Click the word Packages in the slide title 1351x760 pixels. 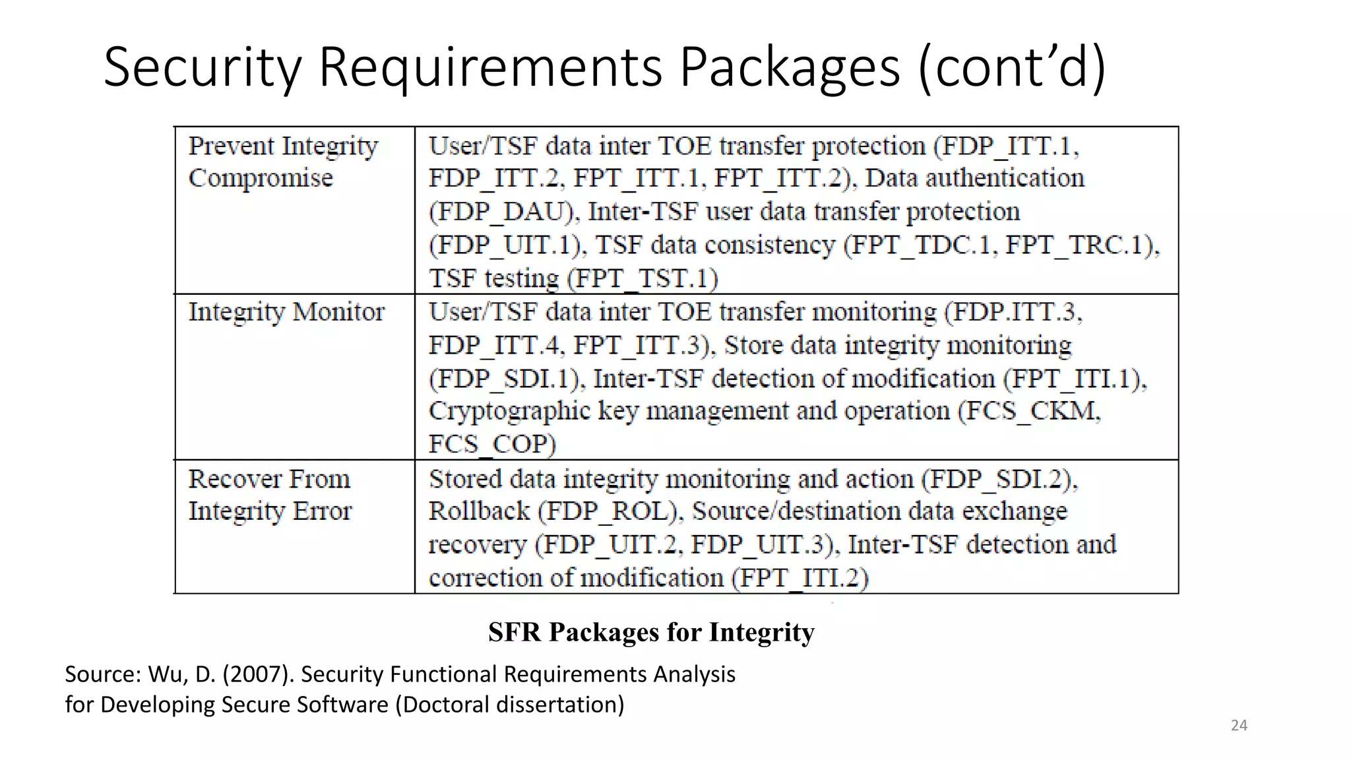click(x=790, y=67)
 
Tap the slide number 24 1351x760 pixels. click(x=1239, y=726)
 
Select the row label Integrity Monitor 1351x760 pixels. click(x=286, y=312)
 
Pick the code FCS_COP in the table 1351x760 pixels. click(x=491, y=444)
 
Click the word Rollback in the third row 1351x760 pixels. click(x=479, y=511)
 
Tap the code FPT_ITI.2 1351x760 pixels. click(x=803, y=579)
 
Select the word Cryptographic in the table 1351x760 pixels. click(x=509, y=411)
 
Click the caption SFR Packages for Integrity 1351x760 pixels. click(x=651, y=632)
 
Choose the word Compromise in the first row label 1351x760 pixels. click(x=261, y=178)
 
